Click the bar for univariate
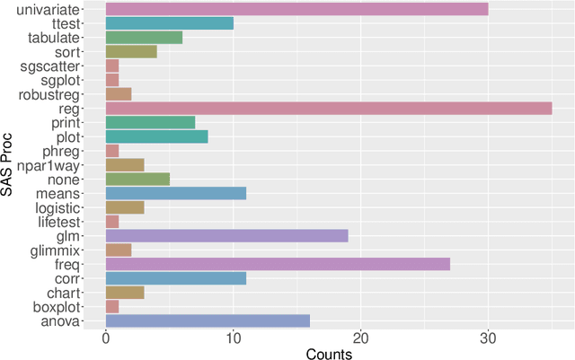296,9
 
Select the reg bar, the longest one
329,108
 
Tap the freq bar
278,264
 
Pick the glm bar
226,236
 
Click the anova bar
208,320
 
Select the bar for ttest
170,23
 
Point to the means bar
176,193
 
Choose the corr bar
176,278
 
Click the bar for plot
157,136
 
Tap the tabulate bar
144,38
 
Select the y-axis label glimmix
58,250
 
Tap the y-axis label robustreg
55,93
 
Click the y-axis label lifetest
61,222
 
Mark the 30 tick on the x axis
488,339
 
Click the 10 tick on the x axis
234,339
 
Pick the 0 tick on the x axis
106,339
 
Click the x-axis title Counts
329,353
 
